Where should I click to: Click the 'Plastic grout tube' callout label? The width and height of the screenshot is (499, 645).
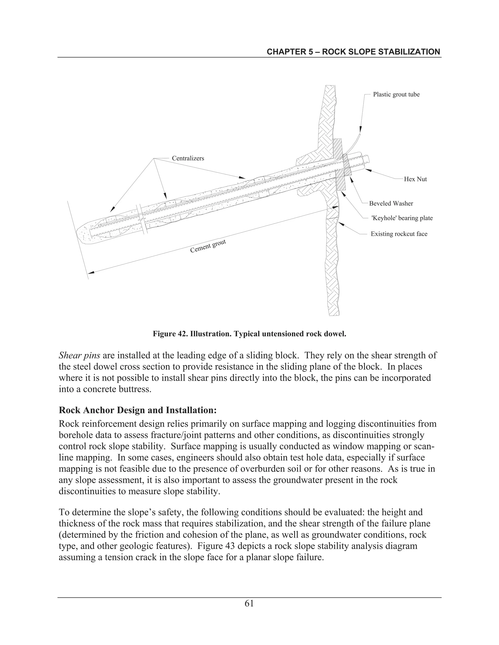coord(396,94)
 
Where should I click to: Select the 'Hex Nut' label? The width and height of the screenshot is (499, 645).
coord(415,179)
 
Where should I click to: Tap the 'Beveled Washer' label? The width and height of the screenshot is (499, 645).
coord(391,203)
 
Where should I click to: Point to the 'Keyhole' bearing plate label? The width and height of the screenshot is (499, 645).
coord(402,218)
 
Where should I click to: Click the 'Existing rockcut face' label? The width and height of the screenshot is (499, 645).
coord(399,234)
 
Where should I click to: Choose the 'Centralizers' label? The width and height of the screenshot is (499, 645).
coord(188,158)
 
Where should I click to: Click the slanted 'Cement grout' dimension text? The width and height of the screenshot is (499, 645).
coord(208,246)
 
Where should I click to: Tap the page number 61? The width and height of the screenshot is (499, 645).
coord(249,603)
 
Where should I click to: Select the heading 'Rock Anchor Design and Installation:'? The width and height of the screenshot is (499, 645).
coord(138,410)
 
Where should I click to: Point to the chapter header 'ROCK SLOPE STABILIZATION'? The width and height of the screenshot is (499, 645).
coord(353,52)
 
